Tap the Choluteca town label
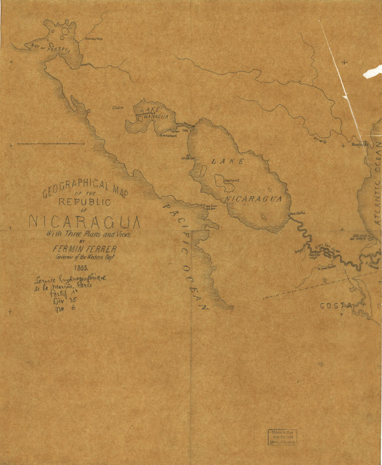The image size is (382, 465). (95, 39)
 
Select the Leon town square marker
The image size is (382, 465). (114, 108)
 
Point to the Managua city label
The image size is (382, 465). (170, 136)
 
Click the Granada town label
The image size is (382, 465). (189, 158)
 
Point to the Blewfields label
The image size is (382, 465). (360, 144)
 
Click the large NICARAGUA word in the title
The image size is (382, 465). (84, 222)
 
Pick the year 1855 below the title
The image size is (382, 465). (82, 268)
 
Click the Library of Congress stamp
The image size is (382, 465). (282, 437)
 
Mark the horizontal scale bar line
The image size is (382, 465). (51, 144)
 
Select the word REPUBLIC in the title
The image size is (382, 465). (84, 202)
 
